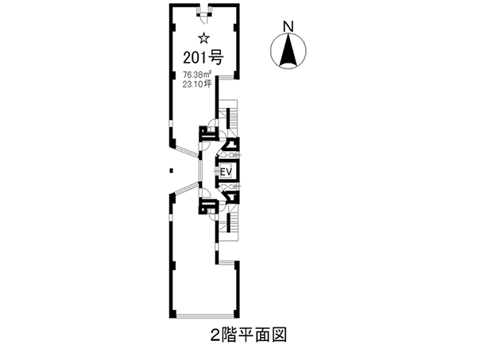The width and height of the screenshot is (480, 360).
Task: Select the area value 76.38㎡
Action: click(x=195, y=75)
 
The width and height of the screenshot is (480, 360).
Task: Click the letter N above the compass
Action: click(x=290, y=25)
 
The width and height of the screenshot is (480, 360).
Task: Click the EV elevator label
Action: click(x=226, y=172)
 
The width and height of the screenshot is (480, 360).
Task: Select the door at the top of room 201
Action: click(x=203, y=10)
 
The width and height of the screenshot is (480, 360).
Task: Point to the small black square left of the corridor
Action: click(x=171, y=170)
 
